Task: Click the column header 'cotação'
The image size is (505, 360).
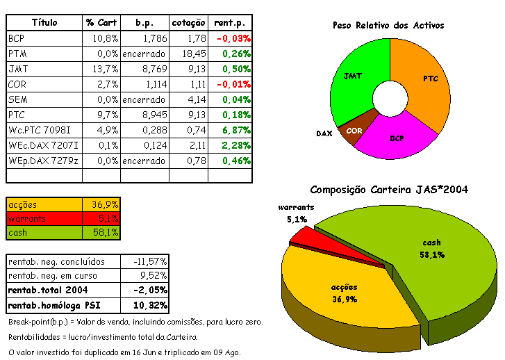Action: (x=187, y=23)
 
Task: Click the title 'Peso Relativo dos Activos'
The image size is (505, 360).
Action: (x=388, y=26)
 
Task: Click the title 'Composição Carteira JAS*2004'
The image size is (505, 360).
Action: (x=389, y=189)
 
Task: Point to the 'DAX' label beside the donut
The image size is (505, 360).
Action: (x=324, y=133)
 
